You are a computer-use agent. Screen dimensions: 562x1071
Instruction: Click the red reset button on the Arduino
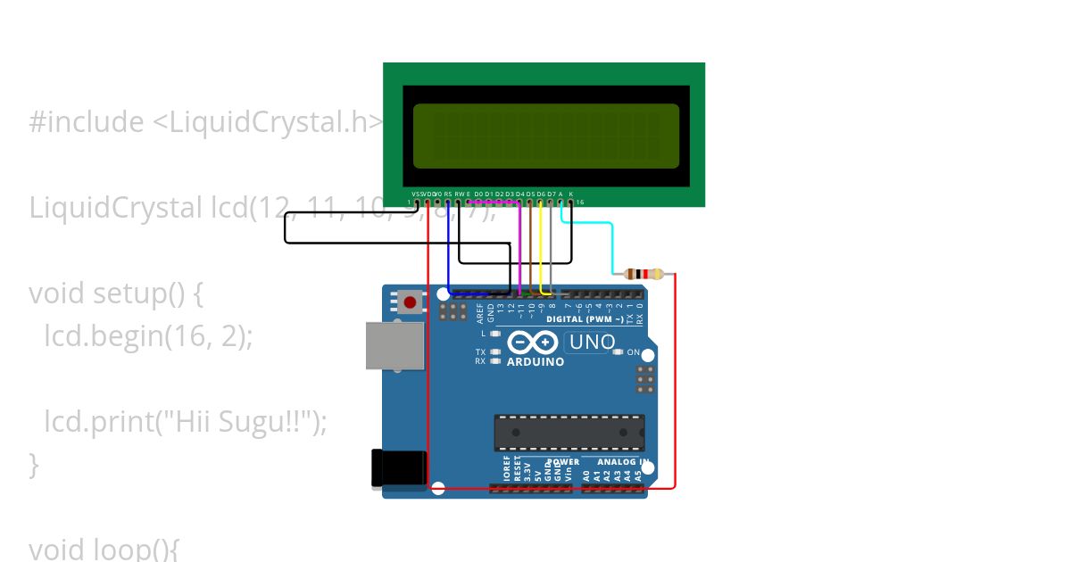[x=410, y=302]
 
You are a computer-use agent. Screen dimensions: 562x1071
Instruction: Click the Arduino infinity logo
[x=533, y=343]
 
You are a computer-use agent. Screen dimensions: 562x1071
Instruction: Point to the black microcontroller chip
[x=569, y=432]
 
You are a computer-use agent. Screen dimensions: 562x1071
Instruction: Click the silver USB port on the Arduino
[x=394, y=345]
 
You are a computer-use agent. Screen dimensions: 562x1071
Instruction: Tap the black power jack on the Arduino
[x=398, y=468]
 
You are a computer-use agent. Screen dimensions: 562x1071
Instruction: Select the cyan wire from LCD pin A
[x=612, y=245]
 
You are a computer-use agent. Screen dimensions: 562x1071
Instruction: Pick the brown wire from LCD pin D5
[x=530, y=250]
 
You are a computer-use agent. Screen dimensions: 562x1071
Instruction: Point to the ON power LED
[x=618, y=352]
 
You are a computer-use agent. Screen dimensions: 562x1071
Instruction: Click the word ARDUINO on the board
[x=535, y=362]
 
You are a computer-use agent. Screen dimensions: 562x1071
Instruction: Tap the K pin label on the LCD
[x=571, y=194]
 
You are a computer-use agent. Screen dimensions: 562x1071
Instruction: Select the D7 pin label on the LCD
[x=552, y=194]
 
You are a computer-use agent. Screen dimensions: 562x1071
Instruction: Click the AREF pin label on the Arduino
[x=480, y=312]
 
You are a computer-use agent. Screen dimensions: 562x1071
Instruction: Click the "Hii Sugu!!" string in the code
[x=237, y=421]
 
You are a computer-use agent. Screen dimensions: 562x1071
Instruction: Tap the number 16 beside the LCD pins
[x=579, y=202]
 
